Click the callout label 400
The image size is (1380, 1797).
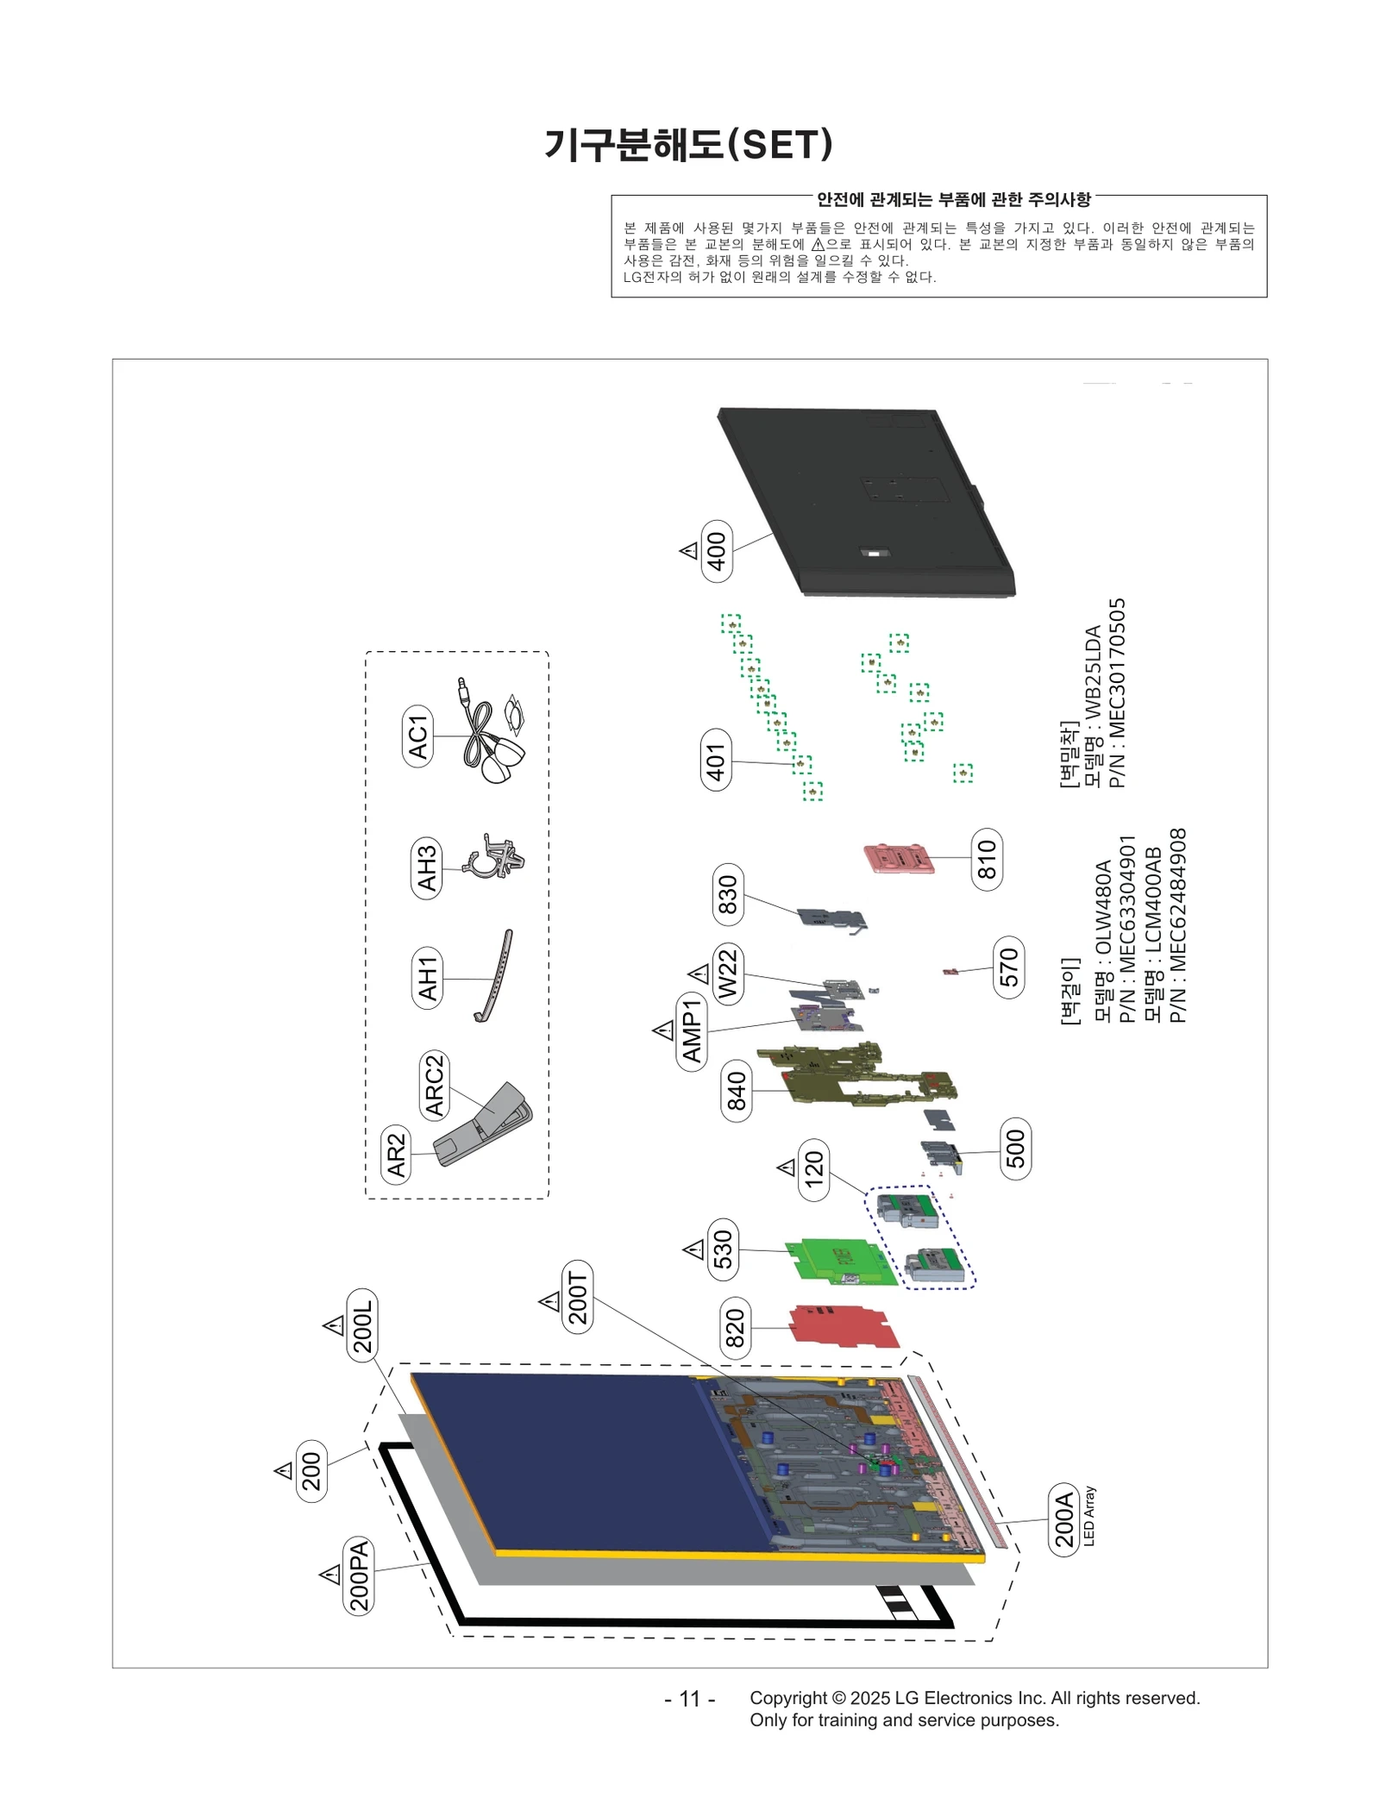click(717, 551)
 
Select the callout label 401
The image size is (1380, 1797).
click(716, 760)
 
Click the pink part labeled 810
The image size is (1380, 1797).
click(900, 858)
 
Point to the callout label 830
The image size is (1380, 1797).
click(728, 894)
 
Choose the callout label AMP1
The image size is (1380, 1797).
click(692, 1031)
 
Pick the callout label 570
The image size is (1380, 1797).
click(1008, 967)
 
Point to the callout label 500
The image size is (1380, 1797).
click(1015, 1149)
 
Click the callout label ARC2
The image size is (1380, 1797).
click(434, 1085)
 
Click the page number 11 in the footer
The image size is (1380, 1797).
click(689, 1699)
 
